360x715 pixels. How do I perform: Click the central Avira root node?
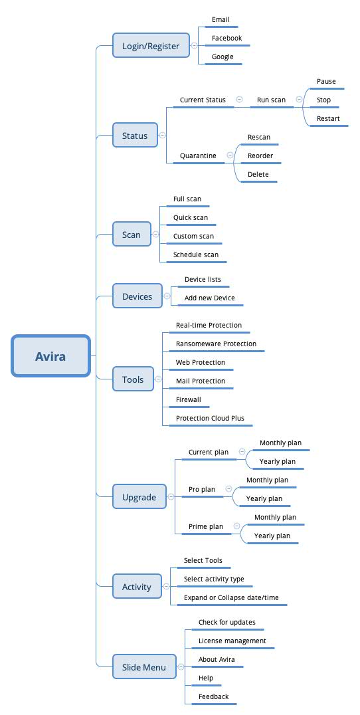pos(50,356)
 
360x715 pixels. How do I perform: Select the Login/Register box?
pos(151,46)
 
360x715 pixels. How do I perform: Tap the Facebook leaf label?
pos(227,39)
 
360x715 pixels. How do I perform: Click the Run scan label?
pos(271,100)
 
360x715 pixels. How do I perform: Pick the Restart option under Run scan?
pos(328,118)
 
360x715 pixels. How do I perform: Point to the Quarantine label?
pos(198,156)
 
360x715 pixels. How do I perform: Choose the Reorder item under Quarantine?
pos(260,156)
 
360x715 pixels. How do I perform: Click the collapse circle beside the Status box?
pos(163,135)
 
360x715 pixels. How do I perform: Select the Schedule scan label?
pos(195,255)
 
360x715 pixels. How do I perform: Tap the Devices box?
pos(137,296)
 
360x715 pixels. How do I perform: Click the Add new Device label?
pos(210,298)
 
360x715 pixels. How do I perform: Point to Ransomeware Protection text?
pos(216,344)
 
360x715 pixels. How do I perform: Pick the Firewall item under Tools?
pos(188,400)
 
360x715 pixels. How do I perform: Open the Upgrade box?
pos(139,497)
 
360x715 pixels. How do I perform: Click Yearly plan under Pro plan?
pos(264,499)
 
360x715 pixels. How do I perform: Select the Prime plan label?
pos(206,527)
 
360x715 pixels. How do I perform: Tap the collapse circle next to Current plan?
pos(242,452)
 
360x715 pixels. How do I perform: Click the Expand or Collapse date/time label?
pos(231,598)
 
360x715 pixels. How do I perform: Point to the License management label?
pos(232,641)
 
